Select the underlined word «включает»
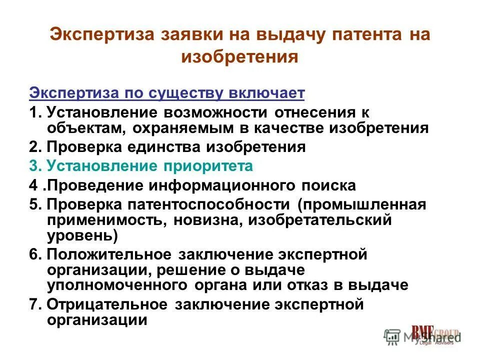(x=263, y=94)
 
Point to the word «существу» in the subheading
(x=186, y=94)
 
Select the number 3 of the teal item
(x=33, y=166)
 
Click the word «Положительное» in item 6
(x=110, y=254)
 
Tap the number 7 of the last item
(x=33, y=304)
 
